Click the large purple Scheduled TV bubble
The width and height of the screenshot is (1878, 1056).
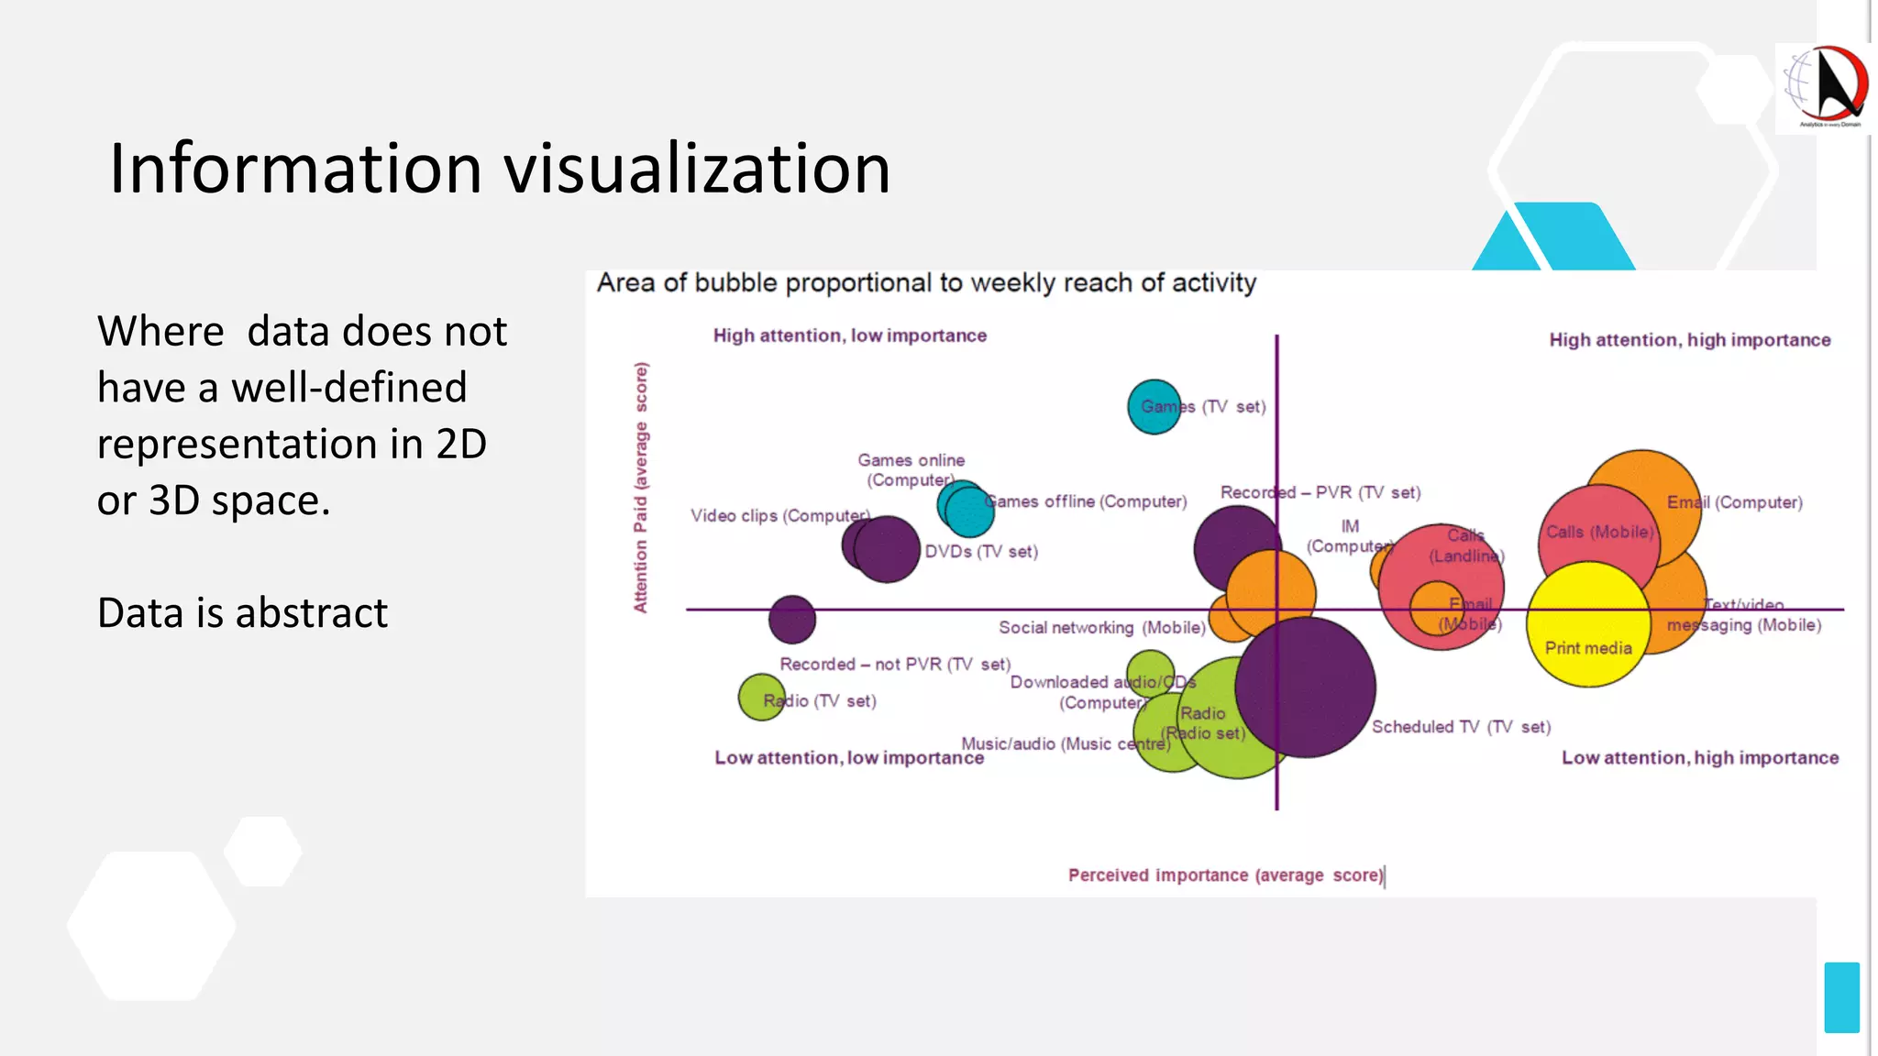point(1306,687)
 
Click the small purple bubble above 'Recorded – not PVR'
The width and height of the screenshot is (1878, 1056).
point(791,619)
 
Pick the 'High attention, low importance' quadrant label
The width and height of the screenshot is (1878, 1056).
point(849,335)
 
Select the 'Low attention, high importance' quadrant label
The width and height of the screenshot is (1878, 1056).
point(1699,758)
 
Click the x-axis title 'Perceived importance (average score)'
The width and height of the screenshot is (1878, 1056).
point(1225,875)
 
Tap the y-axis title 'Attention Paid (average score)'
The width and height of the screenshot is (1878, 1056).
point(640,487)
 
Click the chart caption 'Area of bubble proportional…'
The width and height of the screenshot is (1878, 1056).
point(926,282)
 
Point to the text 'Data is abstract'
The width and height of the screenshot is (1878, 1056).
point(242,612)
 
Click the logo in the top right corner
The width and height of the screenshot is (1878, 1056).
point(1823,88)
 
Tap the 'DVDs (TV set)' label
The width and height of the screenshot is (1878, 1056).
point(981,552)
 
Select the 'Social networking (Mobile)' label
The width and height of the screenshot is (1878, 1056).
point(1101,628)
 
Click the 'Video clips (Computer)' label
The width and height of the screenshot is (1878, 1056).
point(779,516)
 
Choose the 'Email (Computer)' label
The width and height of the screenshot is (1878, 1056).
point(1734,502)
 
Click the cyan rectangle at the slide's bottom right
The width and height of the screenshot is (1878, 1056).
point(1841,997)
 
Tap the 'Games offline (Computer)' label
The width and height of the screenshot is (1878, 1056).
point(1086,501)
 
